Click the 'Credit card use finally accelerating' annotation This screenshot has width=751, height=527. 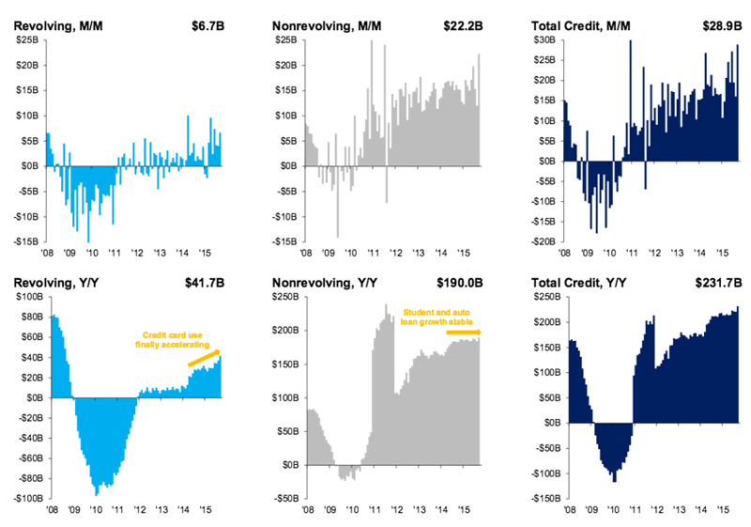coord(175,339)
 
